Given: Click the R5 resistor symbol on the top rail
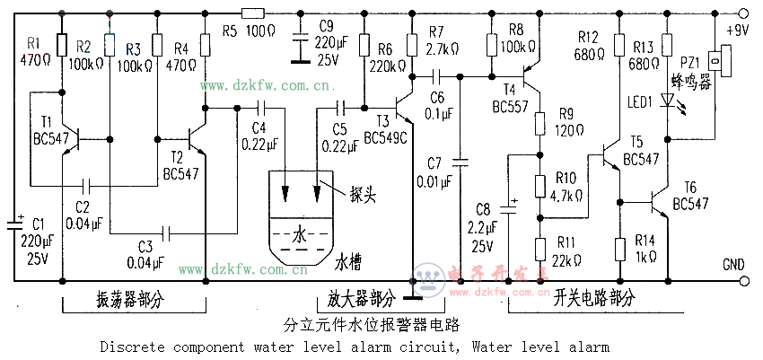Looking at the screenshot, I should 253,13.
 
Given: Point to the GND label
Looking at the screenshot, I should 734,266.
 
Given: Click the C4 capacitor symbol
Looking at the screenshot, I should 259,110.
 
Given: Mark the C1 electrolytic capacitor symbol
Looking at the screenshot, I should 18,221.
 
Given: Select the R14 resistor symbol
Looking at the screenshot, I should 619,248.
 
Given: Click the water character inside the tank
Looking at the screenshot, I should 299,235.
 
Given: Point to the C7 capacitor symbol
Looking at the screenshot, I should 460,162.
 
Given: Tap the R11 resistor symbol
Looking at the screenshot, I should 540,248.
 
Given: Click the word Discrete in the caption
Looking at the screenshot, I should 129,346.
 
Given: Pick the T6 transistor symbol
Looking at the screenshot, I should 660,203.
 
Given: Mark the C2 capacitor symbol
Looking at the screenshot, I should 87,186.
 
